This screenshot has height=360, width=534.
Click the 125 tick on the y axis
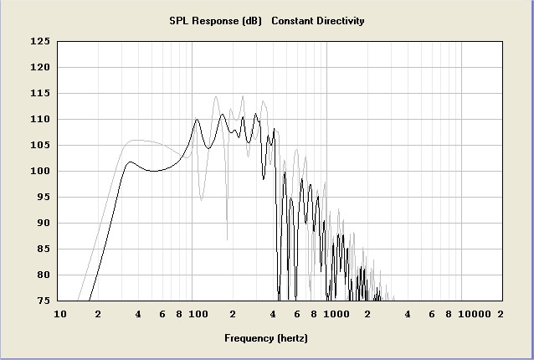[x=39, y=41]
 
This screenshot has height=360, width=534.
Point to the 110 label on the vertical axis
[x=39, y=120]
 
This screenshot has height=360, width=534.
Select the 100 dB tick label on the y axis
[x=39, y=172]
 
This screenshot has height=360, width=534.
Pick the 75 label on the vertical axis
[x=42, y=301]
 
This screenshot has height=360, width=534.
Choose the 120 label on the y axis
[x=39, y=68]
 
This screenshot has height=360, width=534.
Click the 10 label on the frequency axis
[x=59, y=314]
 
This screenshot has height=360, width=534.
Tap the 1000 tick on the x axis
[x=337, y=314]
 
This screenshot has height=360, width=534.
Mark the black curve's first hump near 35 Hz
[x=130, y=162]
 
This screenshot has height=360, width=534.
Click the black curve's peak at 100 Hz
[x=197, y=120]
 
